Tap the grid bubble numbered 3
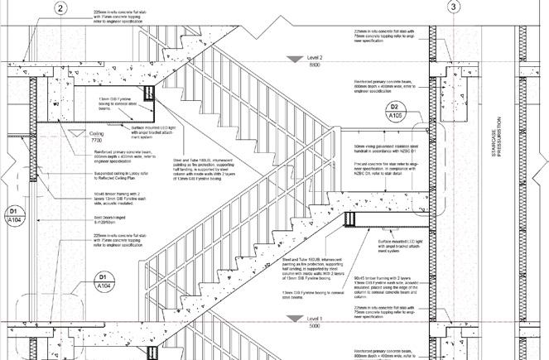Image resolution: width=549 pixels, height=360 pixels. pyautogui.click(x=453, y=7)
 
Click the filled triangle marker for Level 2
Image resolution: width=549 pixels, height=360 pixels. pyautogui.click(x=291, y=57)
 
